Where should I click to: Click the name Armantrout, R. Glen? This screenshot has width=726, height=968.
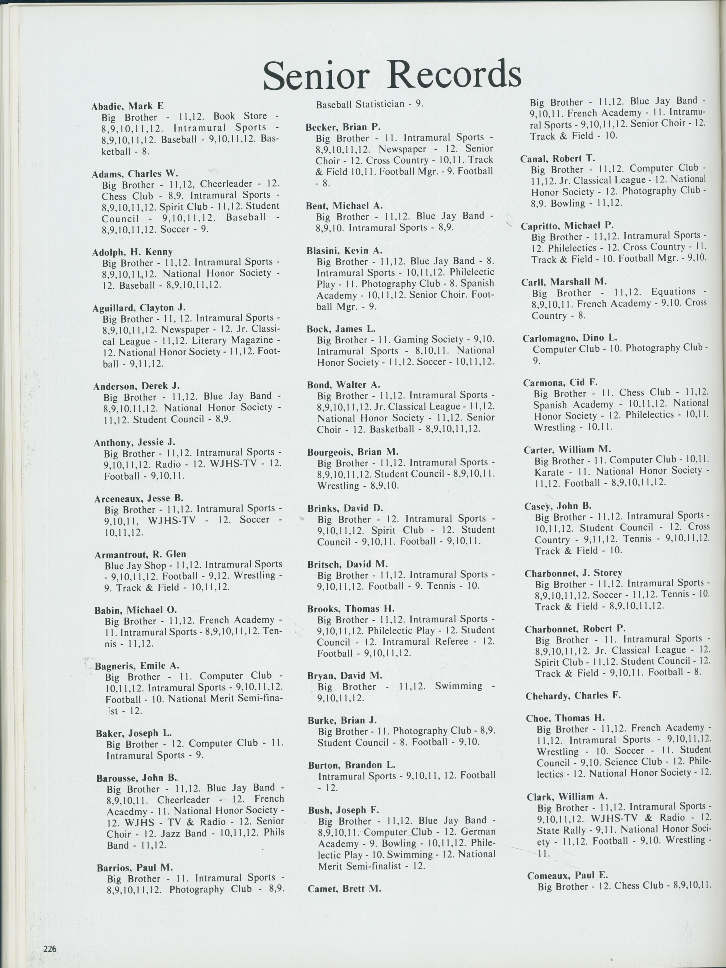[140, 555]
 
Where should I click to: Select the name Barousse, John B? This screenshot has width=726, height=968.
[137, 778]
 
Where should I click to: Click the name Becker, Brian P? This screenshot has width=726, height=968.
[343, 127]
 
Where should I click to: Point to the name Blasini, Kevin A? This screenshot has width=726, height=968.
[344, 250]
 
